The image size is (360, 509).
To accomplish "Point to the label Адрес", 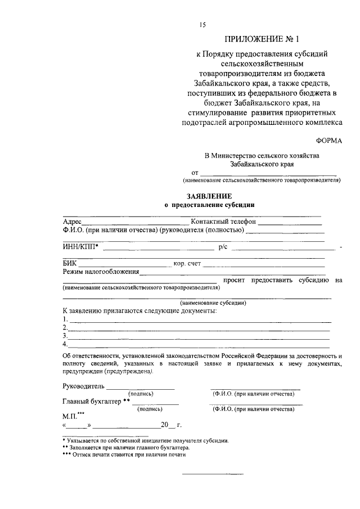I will click(73, 222).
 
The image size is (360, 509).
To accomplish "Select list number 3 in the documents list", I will click(65, 336).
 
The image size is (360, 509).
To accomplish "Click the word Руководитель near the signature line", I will click(84, 387).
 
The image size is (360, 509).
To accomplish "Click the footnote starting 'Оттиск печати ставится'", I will click(127, 456).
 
